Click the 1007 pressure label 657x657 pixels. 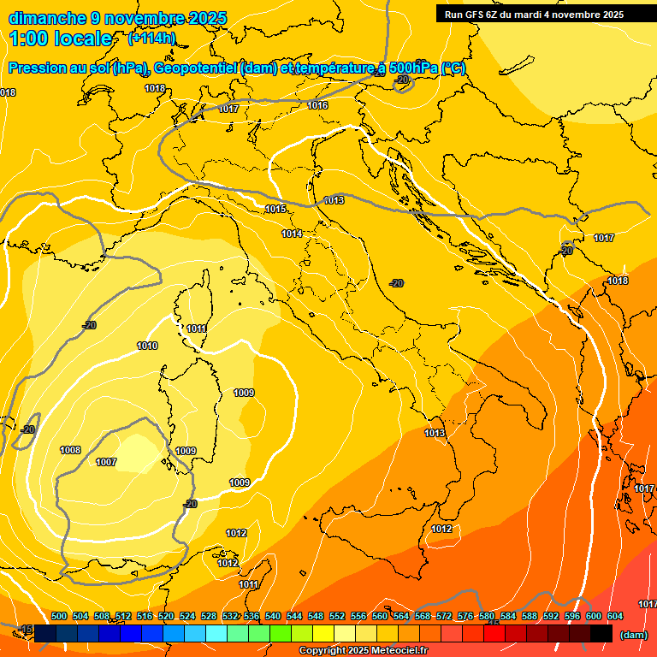click(106, 462)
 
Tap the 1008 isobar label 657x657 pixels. click(70, 450)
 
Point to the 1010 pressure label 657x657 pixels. click(147, 346)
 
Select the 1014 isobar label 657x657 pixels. click(293, 234)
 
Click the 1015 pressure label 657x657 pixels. click(275, 209)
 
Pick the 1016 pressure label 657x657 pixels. click(317, 105)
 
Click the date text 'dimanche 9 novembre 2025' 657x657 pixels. click(118, 18)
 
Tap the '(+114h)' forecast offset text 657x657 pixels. click(151, 38)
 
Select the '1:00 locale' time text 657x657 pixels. click(61, 38)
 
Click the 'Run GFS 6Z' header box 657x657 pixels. click(535, 15)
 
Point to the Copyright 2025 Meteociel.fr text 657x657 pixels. click(364, 651)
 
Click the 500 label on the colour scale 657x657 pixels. click(59, 616)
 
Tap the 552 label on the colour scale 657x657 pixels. click(337, 616)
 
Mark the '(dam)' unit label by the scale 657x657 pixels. click(634, 635)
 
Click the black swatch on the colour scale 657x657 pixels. click(601, 634)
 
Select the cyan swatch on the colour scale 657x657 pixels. click(217, 634)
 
